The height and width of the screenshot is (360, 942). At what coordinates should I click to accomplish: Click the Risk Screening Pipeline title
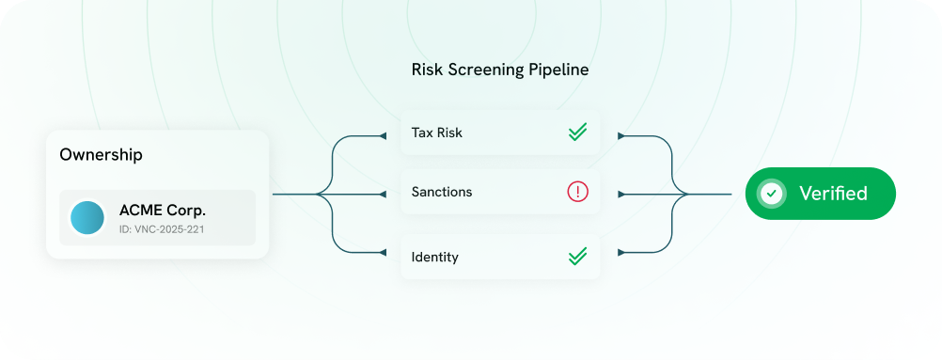point(500,70)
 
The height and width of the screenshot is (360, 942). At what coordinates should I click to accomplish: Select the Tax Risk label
point(436,133)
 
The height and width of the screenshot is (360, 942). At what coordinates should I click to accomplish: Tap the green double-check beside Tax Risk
point(577,133)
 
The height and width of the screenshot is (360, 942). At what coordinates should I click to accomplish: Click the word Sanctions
point(442,192)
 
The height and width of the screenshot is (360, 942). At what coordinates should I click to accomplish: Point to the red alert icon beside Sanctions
point(577,192)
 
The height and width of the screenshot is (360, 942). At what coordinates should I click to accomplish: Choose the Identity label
point(435,256)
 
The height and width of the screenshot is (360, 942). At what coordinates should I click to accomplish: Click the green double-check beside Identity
point(577,256)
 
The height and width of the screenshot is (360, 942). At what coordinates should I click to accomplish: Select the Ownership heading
point(101,155)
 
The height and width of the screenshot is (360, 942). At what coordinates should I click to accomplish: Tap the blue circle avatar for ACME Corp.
point(87,217)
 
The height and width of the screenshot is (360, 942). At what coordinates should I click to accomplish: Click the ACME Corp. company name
point(163,210)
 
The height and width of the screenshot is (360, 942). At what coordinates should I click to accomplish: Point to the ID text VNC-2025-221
point(163,229)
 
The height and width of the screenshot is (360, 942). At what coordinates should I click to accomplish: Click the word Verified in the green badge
point(833,194)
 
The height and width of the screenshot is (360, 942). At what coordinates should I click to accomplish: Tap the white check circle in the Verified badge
point(772,194)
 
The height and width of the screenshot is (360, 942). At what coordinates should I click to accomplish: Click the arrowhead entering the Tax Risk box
point(383,136)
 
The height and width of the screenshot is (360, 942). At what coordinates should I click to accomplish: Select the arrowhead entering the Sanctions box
point(383,195)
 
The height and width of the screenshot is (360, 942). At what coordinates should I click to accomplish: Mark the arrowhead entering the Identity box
point(383,252)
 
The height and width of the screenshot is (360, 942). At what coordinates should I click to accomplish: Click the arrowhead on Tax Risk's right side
point(620,136)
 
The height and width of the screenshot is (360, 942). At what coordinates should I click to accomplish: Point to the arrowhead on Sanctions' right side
point(620,195)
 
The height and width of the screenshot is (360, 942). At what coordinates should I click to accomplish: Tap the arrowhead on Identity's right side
point(620,252)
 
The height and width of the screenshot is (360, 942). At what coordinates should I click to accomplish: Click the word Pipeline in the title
point(561,70)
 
